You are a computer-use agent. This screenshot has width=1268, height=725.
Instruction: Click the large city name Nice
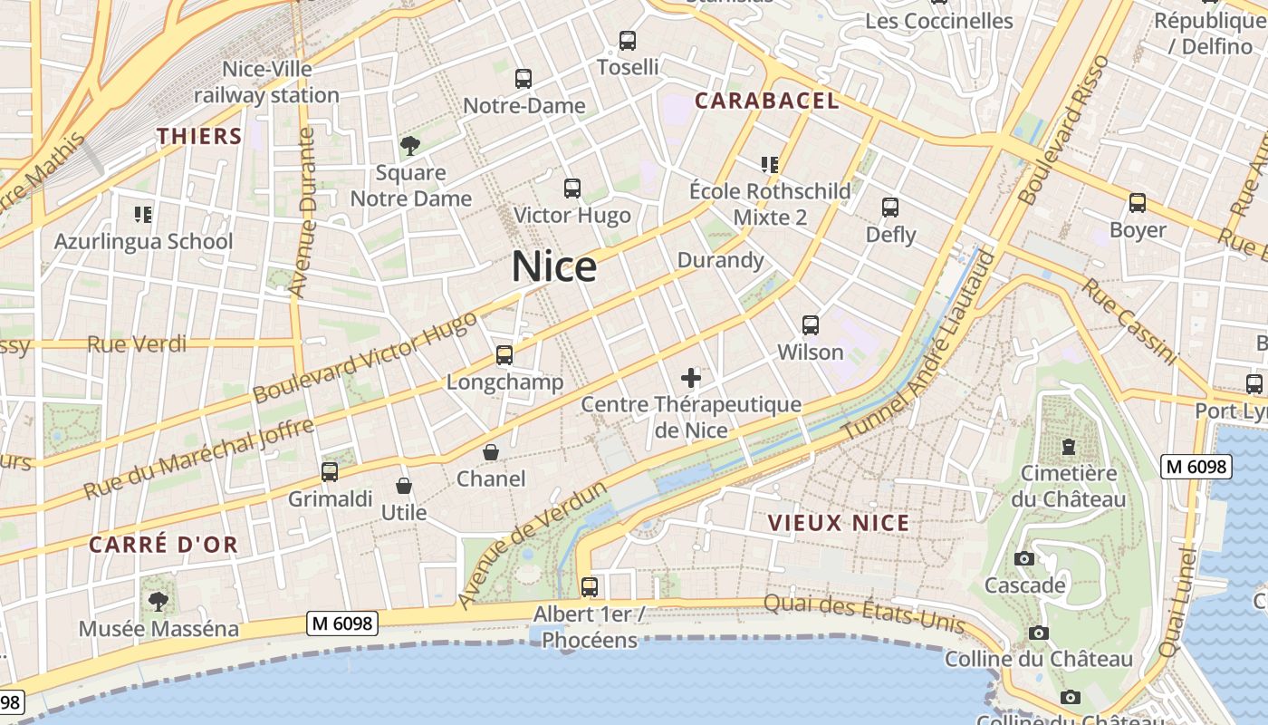tap(554, 266)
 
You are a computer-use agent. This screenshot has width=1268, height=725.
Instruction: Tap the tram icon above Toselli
tap(628, 41)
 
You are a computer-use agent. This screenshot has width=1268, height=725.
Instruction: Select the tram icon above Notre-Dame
tap(524, 79)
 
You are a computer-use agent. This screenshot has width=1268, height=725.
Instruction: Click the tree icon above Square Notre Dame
tap(410, 145)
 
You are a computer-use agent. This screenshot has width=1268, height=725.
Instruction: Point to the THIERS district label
tap(199, 137)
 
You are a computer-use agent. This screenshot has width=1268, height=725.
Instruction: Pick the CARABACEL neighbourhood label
tap(766, 101)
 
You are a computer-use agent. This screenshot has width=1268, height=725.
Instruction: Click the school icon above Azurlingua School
tap(143, 215)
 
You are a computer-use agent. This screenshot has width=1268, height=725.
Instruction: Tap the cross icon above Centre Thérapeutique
tap(691, 377)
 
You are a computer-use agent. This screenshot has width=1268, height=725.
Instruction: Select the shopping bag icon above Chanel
tap(491, 451)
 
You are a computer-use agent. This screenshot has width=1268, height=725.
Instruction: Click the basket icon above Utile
tap(404, 487)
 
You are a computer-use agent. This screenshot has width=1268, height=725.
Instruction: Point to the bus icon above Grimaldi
tap(330, 472)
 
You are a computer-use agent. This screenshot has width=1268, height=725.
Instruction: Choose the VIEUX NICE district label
tap(838, 523)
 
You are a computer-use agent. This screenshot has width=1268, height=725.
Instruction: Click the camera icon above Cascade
tap(1024, 558)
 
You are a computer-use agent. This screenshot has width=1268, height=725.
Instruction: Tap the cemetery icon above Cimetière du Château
tap(1069, 447)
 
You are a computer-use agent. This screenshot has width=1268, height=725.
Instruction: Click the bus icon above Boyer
tap(1138, 204)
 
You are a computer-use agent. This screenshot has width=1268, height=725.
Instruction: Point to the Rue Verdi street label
tap(137, 344)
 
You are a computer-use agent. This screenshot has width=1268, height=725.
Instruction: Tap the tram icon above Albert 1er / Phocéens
tap(590, 586)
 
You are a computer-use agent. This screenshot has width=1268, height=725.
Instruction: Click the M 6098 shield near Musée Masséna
tap(342, 623)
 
